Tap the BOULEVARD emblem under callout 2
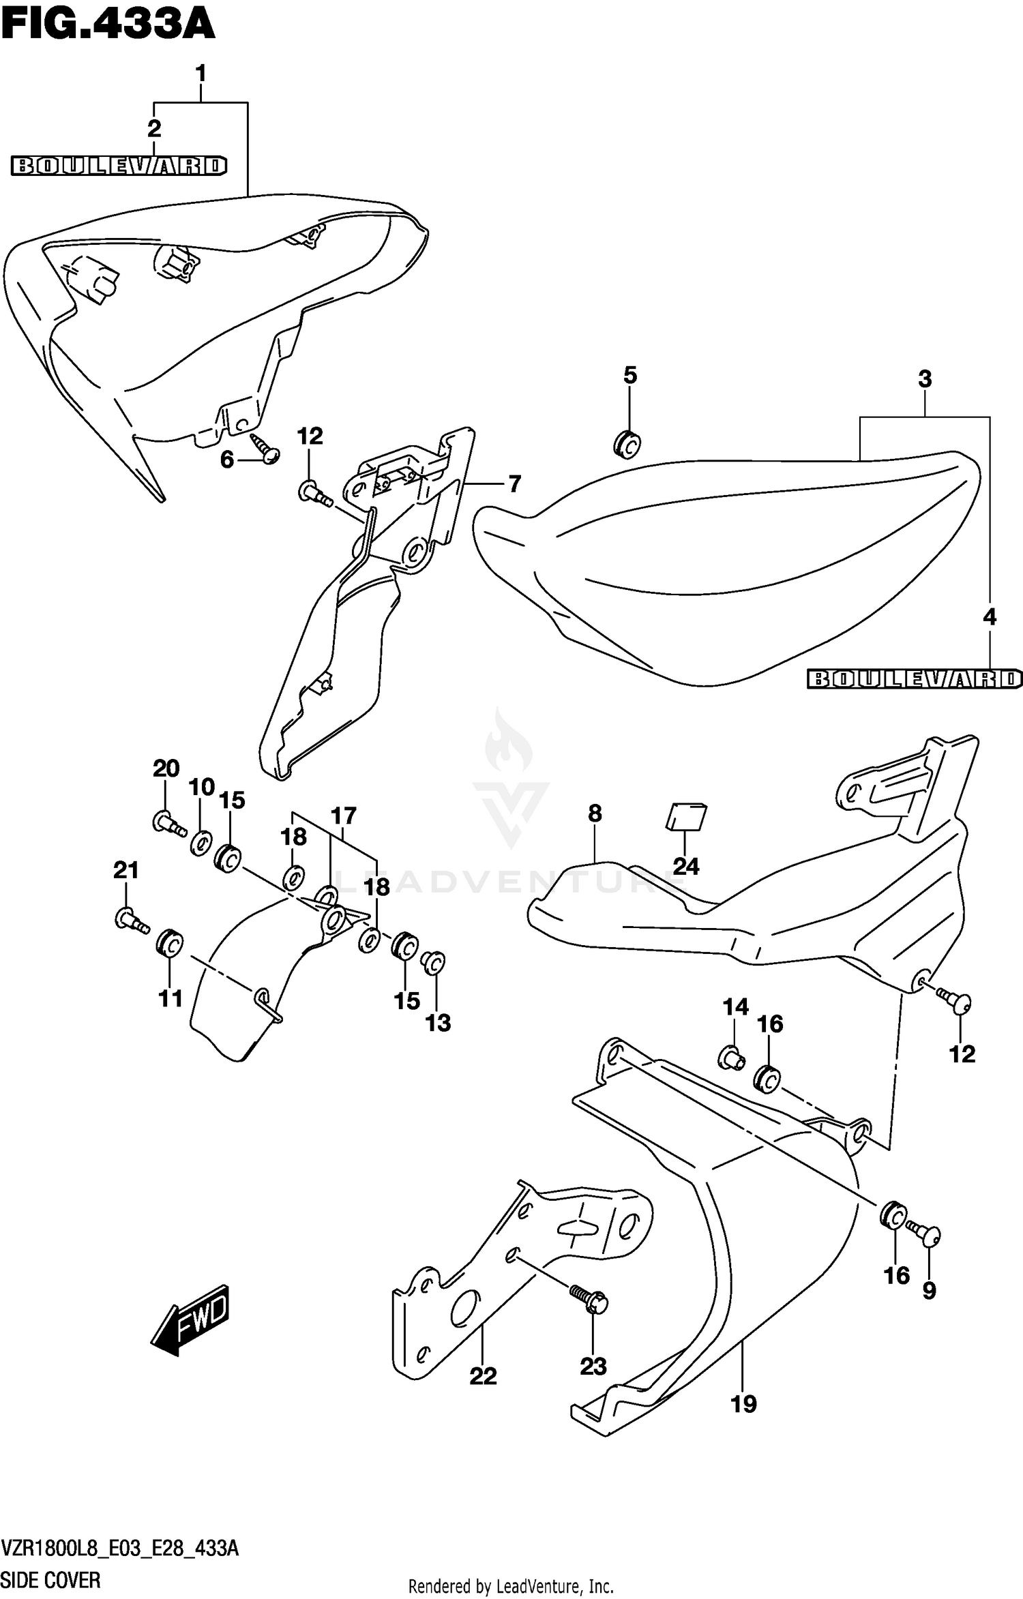point(119,166)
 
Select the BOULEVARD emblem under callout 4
point(914,678)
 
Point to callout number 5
point(629,375)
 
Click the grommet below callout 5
point(627,444)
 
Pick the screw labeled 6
point(265,447)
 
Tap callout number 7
point(514,484)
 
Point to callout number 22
point(483,1376)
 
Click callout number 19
point(743,1404)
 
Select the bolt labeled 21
point(132,921)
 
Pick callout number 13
point(438,1022)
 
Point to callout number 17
point(344,816)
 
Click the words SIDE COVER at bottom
point(51,1579)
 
